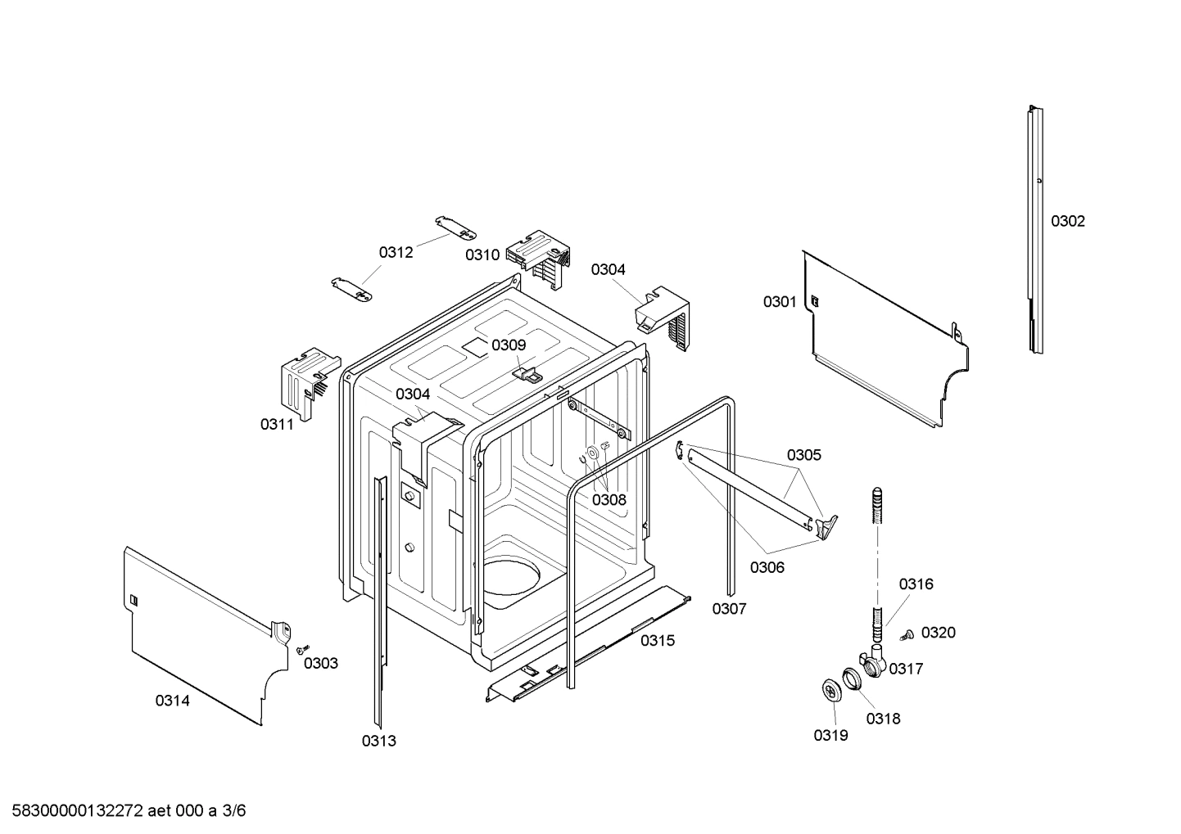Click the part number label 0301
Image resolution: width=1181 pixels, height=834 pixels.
[779, 302]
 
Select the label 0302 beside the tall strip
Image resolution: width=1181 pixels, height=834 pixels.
[1067, 221]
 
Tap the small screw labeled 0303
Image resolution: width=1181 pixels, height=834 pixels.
[301, 648]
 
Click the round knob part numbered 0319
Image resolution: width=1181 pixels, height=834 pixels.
[833, 690]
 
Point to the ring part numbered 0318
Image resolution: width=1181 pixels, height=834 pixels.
[852, 678]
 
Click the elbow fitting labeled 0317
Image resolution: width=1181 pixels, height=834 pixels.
[871, 661]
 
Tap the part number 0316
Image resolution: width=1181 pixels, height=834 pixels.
[916, 584]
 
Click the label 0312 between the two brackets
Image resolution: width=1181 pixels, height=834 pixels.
[396, 253]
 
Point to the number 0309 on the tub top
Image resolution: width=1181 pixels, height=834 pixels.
[508, 345]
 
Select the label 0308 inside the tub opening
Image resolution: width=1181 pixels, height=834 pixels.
[609, 500]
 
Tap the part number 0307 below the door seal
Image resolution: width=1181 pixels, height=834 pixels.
[729, 609]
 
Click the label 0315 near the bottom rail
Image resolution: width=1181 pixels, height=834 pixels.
[657, 641]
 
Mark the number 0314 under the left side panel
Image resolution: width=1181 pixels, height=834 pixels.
[172, 701]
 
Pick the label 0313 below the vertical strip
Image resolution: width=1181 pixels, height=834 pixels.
[378, 742]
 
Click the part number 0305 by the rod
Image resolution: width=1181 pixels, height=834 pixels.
[803, 455]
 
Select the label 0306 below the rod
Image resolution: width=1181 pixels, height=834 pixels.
[767, 567]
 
